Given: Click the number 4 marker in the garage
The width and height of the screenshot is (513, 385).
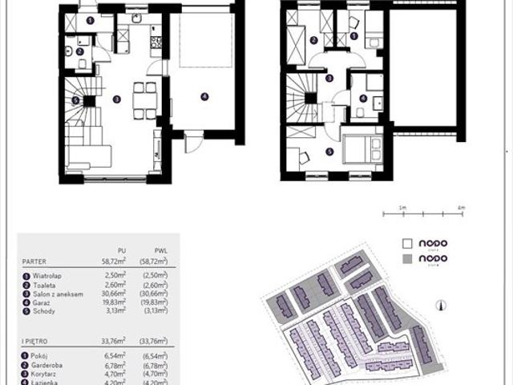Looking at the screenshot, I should click(204, 96).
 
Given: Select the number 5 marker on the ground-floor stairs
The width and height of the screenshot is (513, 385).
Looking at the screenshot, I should click(75, 100).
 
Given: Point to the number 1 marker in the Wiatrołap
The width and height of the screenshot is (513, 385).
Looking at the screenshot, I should click(89, 21).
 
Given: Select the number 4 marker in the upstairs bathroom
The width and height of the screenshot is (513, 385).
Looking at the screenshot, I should click(363, 99).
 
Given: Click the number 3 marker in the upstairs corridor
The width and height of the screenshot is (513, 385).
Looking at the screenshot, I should click(329, 78).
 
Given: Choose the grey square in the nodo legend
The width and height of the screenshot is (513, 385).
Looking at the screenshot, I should click(406, 260).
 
